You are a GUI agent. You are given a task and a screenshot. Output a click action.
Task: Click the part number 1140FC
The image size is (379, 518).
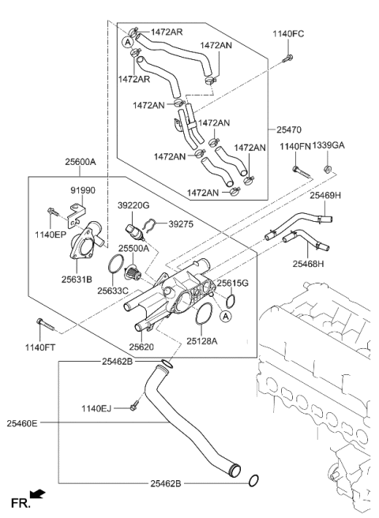(x=288, y=35)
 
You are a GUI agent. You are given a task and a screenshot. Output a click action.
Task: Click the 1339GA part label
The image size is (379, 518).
(x=328, y=146)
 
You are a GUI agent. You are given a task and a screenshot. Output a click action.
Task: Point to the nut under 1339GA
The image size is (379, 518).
(x=326, y=167)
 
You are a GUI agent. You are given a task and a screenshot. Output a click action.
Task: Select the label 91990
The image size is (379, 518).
(x=83, y=190)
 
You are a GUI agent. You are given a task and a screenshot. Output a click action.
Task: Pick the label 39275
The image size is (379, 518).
(x=181, y=224)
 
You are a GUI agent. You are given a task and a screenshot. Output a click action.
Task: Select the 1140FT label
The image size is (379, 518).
(x=40, y=347)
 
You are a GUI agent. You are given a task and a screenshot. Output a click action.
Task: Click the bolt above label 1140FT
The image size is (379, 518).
(x=43, y=325)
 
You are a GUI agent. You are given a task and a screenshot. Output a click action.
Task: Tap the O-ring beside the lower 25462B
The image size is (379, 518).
(x=252, y=480)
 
